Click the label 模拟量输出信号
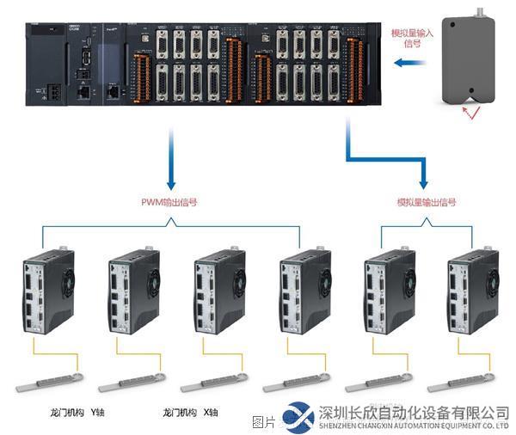click(x=427, y=203)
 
